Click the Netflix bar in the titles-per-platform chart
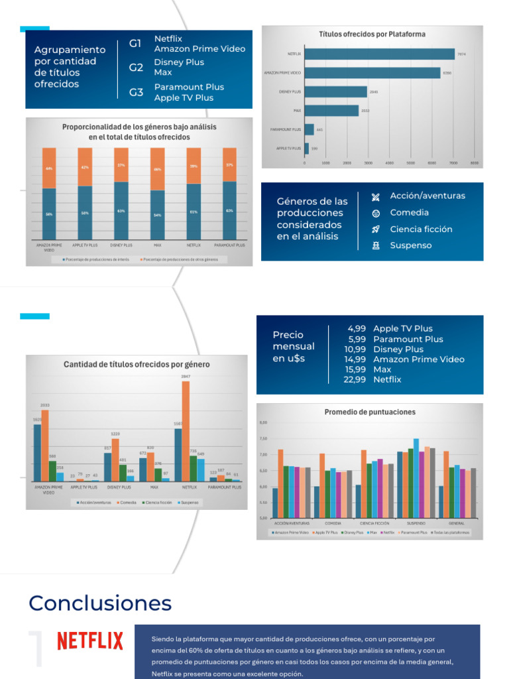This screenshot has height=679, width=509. (x=379, y=54)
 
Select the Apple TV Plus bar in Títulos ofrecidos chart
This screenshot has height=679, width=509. (x=306, y=148)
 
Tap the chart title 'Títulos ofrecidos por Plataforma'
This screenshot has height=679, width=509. (x=372, y=34)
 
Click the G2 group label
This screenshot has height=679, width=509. (x=136, y=67)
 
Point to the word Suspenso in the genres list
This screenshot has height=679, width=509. (x=410, y=245)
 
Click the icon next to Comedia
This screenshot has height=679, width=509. (x=376, y=213)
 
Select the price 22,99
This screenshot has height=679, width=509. (x=355, y=379)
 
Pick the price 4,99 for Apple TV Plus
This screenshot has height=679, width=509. (x=357, y=328)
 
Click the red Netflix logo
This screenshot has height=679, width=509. (x=90, y=641)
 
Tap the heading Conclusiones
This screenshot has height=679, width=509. (x=100, y=603)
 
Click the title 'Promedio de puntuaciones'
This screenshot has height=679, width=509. (x=370, y=412)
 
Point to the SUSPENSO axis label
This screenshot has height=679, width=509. (x=416, y=524)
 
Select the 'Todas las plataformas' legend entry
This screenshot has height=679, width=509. (x=451, y=532)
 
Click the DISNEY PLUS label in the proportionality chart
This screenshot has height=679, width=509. (x=121, y=245)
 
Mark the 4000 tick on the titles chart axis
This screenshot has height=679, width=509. (x=390, y=162)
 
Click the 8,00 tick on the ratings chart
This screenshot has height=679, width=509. (x=263, y=422)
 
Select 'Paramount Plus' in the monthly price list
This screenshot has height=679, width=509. (x=408, y=339)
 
